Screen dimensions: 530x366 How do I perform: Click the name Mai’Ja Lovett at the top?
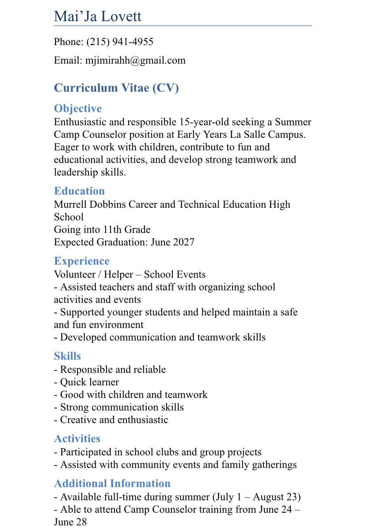click(98, 16)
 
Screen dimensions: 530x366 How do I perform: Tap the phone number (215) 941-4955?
click(120, 42)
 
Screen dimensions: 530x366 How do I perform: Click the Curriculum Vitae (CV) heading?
click(116, 88)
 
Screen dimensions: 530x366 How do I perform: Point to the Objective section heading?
click(78, 109)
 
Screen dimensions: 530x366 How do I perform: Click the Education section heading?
click(79, 191)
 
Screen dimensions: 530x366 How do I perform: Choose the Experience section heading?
click(81, 261)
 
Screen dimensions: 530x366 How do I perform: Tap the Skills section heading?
click(67, 356)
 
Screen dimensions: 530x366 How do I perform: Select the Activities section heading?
click(77, 438)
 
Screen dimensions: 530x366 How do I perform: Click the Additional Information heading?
click(112, 483)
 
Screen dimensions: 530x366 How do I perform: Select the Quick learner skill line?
click(89, 382)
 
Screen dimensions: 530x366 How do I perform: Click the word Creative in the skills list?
click(77, 419)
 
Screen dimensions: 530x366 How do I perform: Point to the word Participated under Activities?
click(85, 452)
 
